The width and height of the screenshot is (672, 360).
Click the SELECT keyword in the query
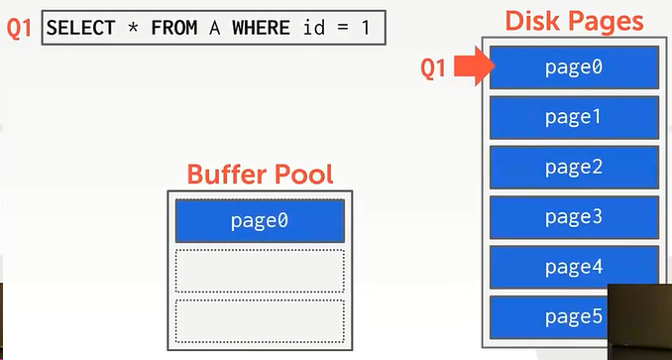coord(81,28)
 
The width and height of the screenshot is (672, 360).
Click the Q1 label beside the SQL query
coord(20,28)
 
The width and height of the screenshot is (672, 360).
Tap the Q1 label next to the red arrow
coord(435,68)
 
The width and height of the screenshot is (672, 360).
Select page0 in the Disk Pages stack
coord(574,67)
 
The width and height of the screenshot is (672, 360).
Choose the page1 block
coord(574,117)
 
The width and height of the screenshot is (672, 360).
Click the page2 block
coord(574,168)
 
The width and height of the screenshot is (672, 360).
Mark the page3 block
coord(574,217)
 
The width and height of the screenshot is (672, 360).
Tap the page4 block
coord(574,267)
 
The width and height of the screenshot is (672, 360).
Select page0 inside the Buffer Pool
coord(260,220)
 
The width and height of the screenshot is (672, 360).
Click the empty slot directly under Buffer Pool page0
coord(260,270)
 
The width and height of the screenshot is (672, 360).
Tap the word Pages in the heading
coord(606,20)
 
